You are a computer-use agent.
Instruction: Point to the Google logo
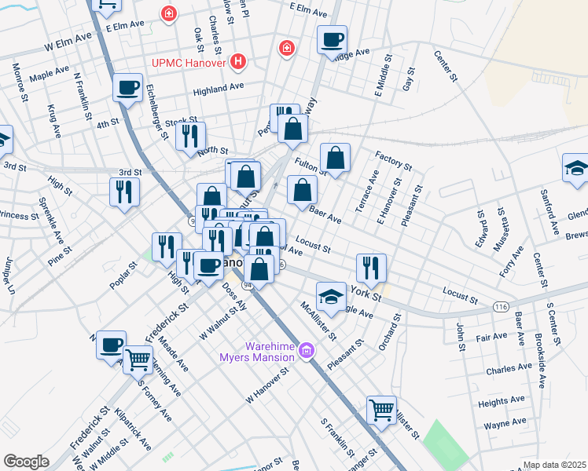pyautogui.click(x=26, y=462)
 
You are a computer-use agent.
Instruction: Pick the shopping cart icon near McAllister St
pyautogui.click(x=381, y=409)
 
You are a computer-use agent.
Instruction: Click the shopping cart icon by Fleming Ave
pyautogui.click(x=138, y=360)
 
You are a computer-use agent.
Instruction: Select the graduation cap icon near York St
pyautogui.click(x=330, y=297)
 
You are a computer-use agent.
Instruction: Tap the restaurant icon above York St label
pyautogui.click(x=371, y=267)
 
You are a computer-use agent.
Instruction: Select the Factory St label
pyautogui.click(x=393, y=161)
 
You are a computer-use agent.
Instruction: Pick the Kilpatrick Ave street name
pyautogui.click(x=132, y=428)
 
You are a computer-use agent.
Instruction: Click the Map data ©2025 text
pyautogui.click(x=554, y=465)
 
